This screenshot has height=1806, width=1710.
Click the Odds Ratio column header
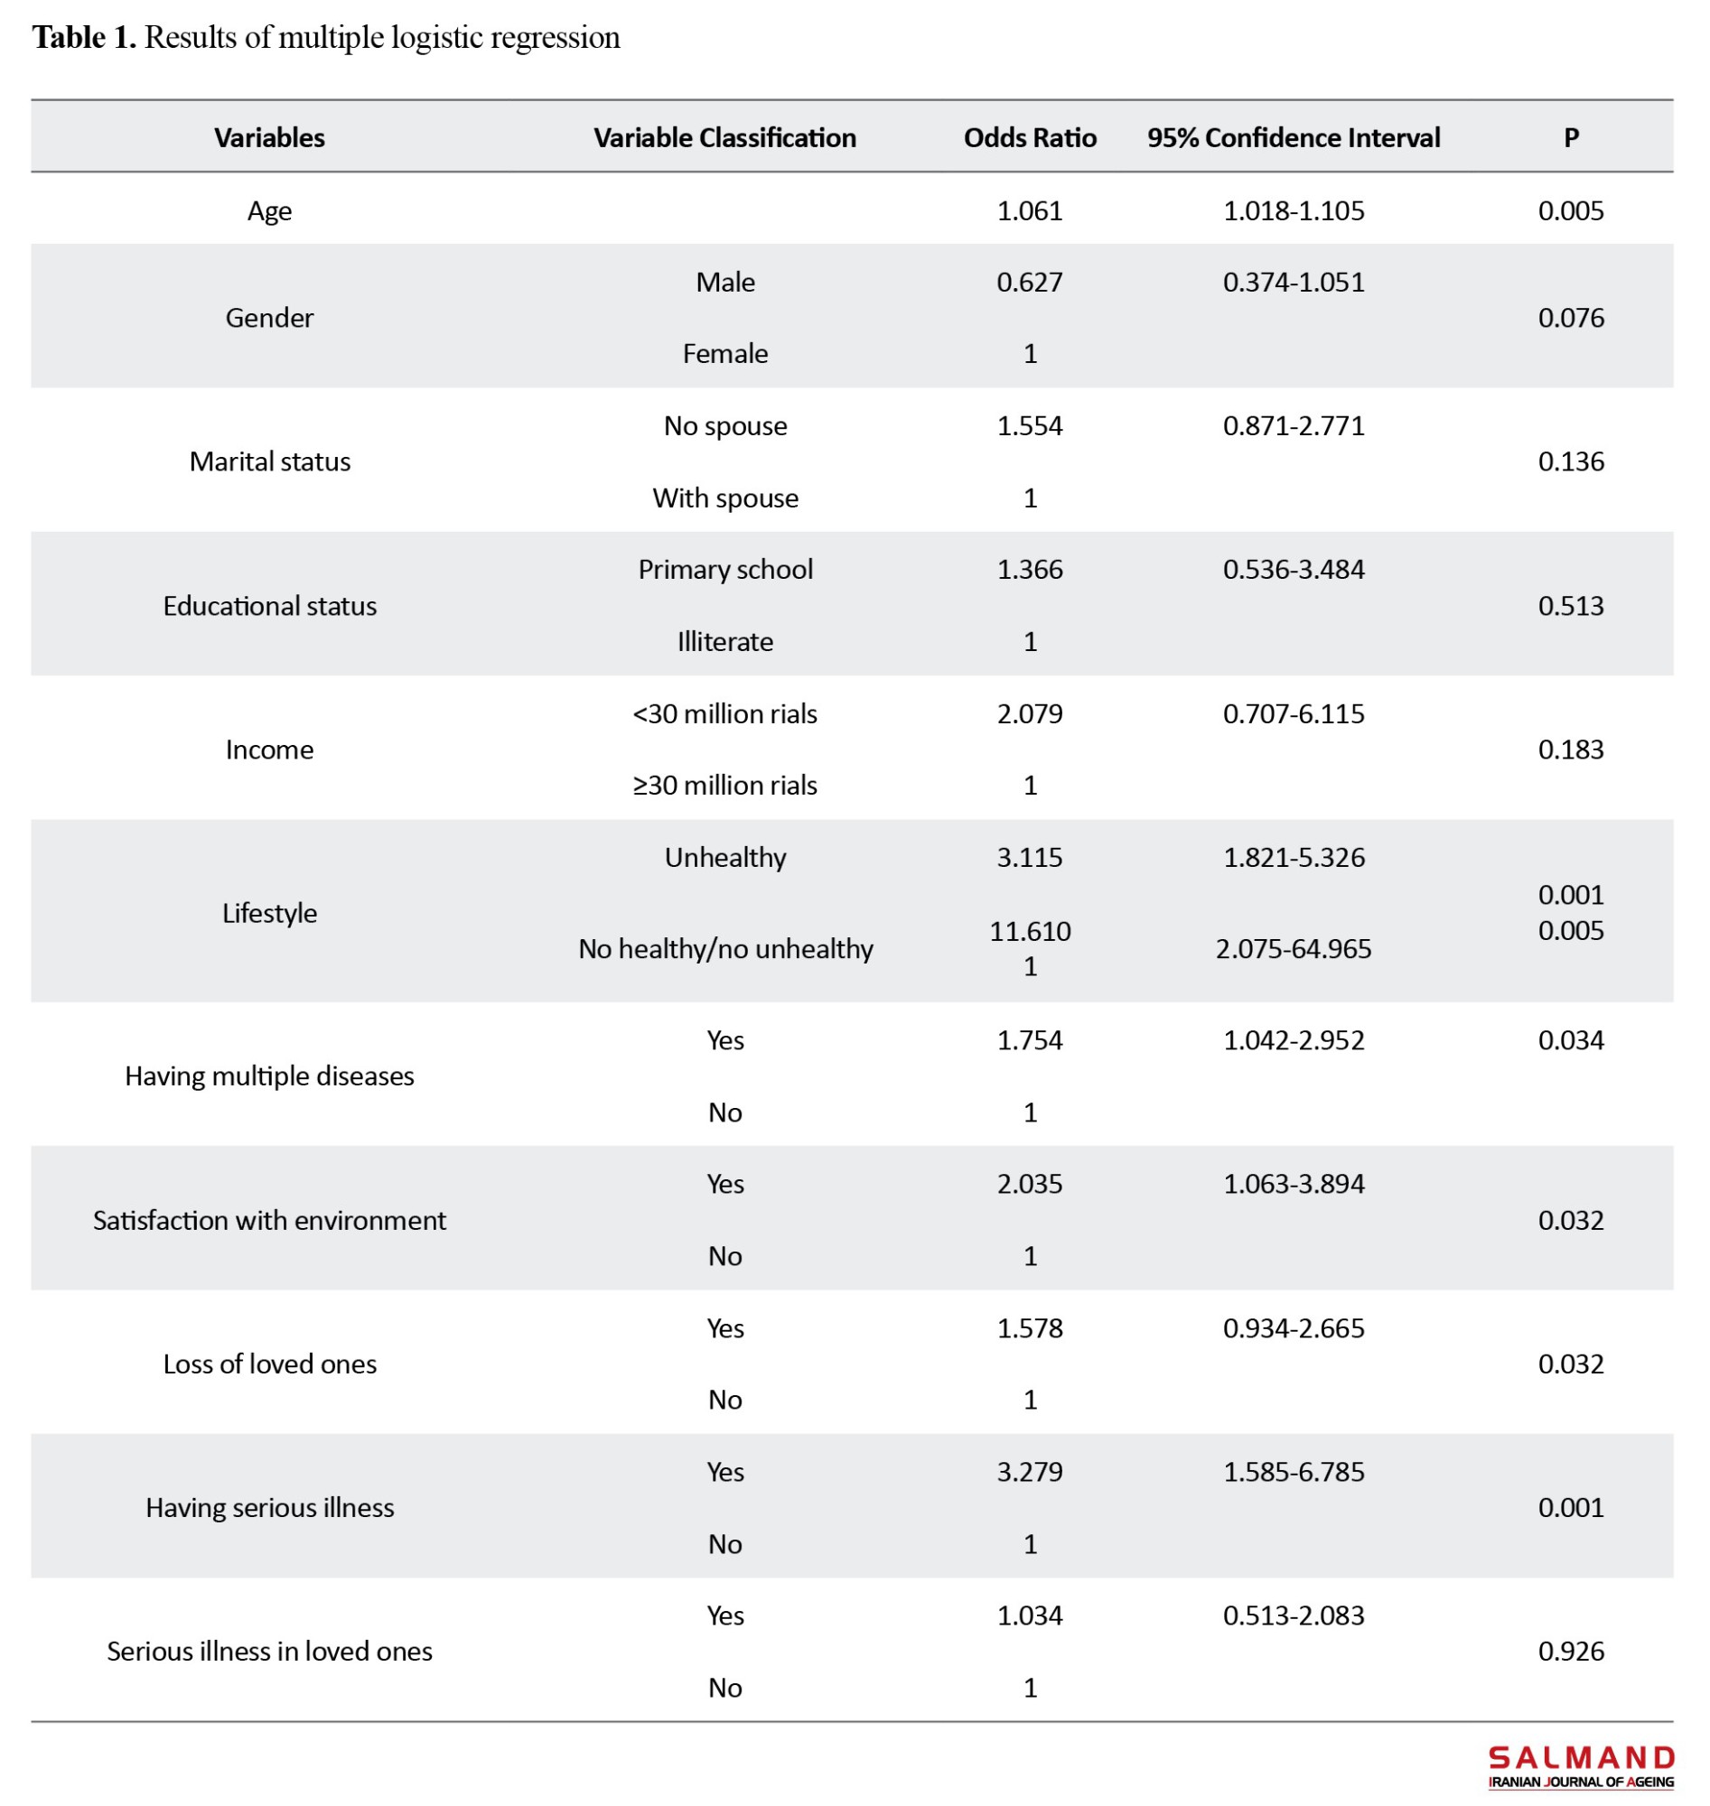click(1030, 137)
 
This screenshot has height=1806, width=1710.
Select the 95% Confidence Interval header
click(1294, 137)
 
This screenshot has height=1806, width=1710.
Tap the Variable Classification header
click(724, 137)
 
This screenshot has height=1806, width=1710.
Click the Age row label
click(270, 211)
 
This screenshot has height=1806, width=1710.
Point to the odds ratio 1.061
click(1030, 210)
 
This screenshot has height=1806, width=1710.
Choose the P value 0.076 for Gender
click(1571, 317)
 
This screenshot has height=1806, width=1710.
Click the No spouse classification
click(724, 425)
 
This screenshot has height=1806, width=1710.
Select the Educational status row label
click(270, 606)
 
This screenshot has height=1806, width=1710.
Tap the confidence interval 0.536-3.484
click(1294, 570)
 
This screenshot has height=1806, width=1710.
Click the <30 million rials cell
click(724, 713)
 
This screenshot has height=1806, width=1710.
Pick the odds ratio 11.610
click(1030, 931)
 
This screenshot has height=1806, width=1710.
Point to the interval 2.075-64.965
click(1294, 948)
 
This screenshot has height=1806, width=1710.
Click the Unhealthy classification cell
click(724, 858)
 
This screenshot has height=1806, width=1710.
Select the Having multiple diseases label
click(270, 1076)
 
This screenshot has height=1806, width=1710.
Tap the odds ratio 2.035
click(1030, 1184)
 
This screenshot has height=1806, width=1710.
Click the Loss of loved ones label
click(270, 1364)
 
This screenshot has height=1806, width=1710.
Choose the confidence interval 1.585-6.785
click(1294, 1472)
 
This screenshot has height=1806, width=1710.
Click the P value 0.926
click(1571, 1651)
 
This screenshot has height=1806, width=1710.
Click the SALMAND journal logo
click(1581, 1767)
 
